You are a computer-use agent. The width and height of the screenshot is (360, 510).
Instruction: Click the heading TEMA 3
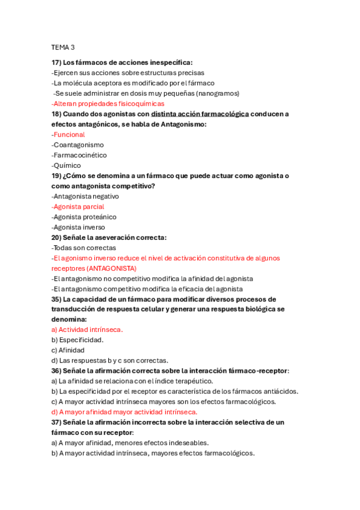(63, 47)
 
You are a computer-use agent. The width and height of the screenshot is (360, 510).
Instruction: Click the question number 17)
(56, 62)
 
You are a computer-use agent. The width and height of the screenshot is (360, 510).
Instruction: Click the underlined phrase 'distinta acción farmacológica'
(200, 114)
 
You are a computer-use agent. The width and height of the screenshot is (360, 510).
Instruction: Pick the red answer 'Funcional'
(69, 134)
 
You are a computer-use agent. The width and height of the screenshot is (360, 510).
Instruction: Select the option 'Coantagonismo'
(78, 145)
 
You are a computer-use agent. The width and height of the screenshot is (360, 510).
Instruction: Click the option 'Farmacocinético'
(79, 155)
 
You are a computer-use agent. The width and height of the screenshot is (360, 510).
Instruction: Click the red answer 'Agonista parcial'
(78, 206)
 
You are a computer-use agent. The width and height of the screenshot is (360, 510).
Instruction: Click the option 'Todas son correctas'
(84, 248)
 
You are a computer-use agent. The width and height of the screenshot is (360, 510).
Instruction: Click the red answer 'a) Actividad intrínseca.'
(87, 330)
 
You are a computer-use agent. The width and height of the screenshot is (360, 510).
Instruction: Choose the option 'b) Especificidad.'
(78, 340)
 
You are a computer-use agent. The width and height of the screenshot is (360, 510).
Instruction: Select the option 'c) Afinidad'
(68, 350)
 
